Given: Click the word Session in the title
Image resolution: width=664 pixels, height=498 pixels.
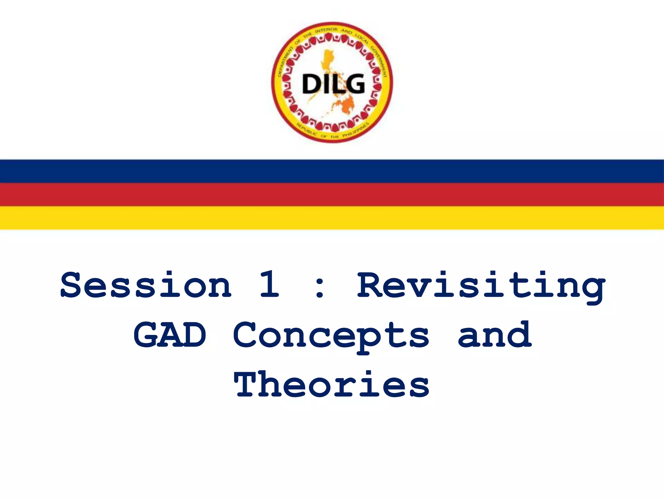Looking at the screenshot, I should (146, 285).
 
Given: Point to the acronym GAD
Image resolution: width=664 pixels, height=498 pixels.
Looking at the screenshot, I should (170, 335).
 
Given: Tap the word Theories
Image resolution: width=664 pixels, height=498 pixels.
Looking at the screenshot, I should (332, 385).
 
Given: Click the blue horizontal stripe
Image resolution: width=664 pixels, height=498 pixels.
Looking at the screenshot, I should (332, 171).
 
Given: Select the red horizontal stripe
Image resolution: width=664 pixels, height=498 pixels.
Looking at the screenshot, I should (332, 195).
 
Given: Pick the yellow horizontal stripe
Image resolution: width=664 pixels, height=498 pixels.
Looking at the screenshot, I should (332, 218).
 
